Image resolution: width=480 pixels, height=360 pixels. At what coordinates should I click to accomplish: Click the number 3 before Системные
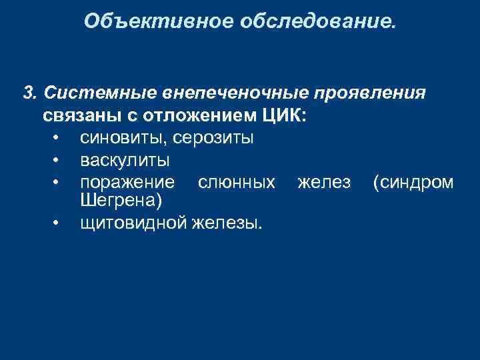pos(28,93)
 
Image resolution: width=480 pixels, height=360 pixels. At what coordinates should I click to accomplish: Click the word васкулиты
pos(124,160)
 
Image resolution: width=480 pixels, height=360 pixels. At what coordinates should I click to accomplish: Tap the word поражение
pos(127,182)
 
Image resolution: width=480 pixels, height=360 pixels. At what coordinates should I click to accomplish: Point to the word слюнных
pos(237,182)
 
